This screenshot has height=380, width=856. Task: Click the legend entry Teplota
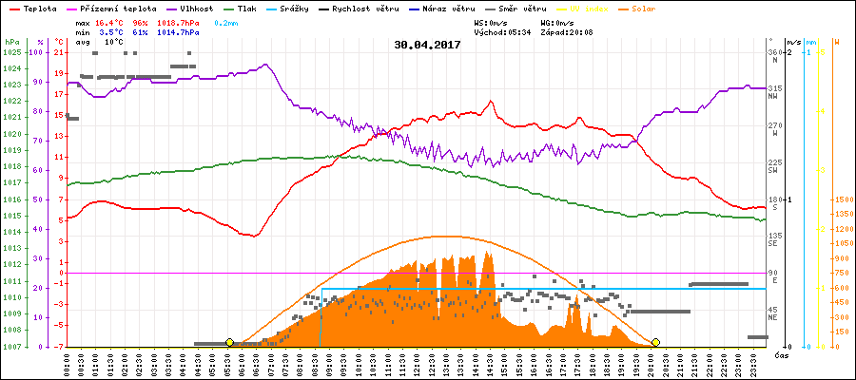[x=37, y=8]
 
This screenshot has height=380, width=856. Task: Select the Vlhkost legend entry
[x=195, y=8]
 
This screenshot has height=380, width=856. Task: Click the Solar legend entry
[x=656, y=8]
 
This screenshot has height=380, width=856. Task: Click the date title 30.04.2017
[x=428, y=45]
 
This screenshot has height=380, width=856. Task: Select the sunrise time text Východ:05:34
[x=503, y=31]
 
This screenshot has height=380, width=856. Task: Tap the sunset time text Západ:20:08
[x=568, y=31]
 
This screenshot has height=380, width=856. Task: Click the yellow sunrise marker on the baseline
[x=229, y=342]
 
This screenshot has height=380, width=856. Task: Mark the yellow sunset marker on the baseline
[x=655, y=342]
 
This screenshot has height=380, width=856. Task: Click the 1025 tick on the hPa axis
[x=11, y=52]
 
